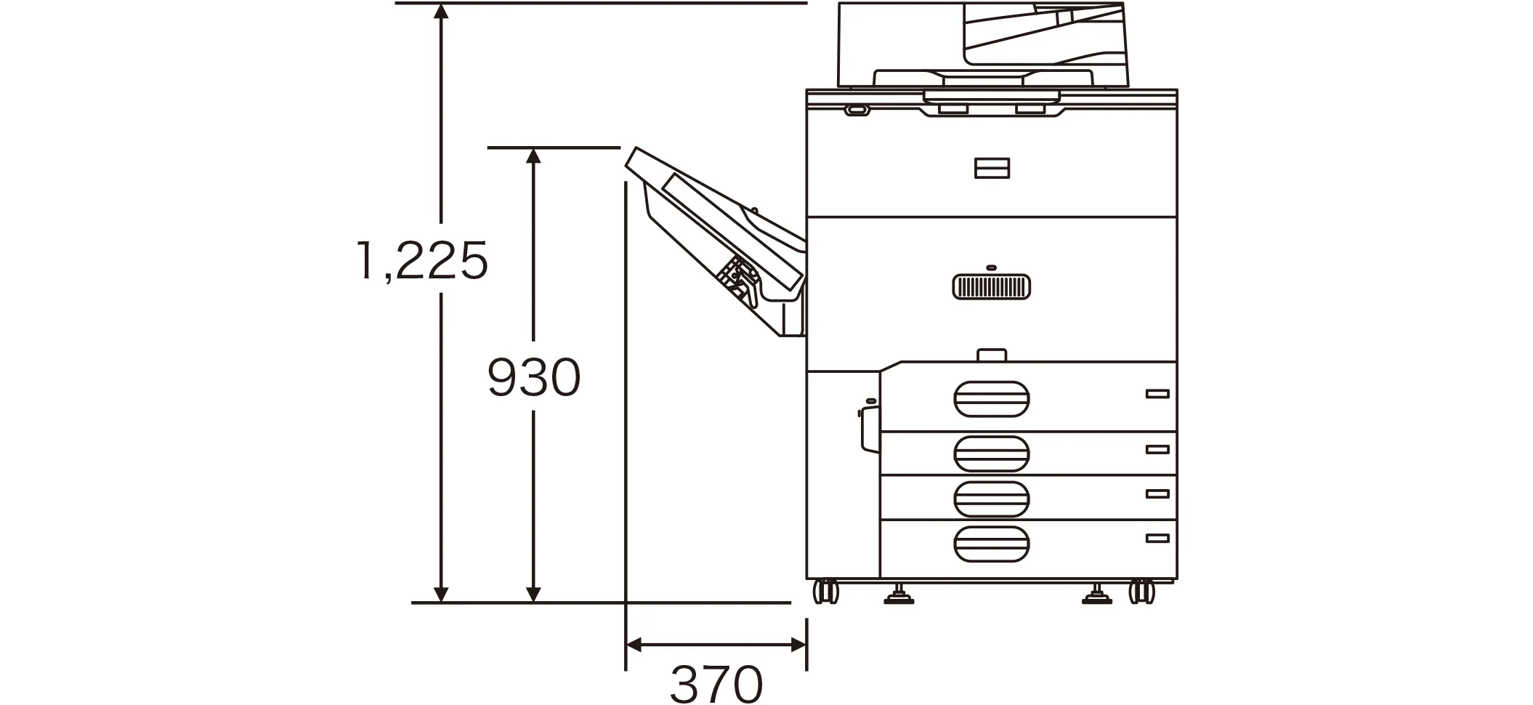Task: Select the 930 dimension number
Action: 534,377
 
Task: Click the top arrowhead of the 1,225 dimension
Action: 440,11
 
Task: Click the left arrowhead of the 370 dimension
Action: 634,645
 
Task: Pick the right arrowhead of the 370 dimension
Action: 798,645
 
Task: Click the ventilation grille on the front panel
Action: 991,287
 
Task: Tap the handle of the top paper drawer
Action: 992,399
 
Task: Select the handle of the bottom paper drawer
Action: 992,544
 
